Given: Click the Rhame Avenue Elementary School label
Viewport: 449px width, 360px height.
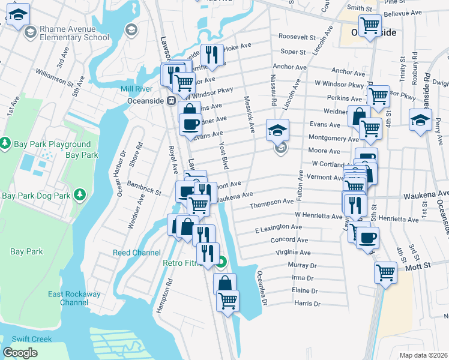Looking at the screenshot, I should click(x=75, y=33).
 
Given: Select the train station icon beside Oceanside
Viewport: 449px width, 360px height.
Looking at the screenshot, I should click(x=171, y=101).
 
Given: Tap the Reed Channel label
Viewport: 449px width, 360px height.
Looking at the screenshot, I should click(x=137, y=253).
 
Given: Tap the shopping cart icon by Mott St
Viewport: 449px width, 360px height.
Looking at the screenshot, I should click(x=385, y=272).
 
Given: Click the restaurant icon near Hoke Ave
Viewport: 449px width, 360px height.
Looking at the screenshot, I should click(x=211, y=55).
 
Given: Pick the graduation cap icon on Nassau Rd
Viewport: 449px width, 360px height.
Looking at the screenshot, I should click(x=277, y=129).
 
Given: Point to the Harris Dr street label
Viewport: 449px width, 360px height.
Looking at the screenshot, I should click(x=308, y=304).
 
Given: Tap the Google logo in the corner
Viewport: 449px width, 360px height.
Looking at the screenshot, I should click(x=20, y=353).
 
